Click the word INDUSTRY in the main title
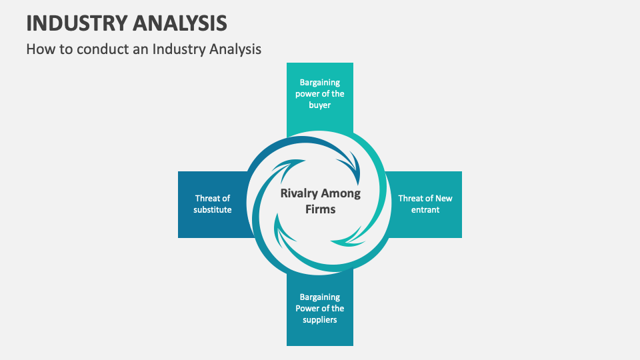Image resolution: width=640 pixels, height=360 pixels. click(x=75, y=23)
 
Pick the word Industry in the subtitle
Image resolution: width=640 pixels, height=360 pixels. click(x=175, y=49)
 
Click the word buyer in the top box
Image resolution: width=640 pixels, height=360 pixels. click(x=320, y=105)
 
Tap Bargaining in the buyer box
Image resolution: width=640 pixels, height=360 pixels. click(x=320, y=83)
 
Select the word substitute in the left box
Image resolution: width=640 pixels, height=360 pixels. click(x=213, y=210)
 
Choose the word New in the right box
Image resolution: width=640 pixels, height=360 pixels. click(x=443, y=198)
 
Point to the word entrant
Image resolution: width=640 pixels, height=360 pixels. click(x=425, y=210)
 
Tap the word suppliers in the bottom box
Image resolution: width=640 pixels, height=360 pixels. click(x=320, y=320)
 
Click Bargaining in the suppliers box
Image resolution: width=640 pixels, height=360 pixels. click(x=320, y=297)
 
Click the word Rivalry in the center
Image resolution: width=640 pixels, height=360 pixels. click(x=299, y=194)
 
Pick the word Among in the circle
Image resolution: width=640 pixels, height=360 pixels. click(x=341, y=194)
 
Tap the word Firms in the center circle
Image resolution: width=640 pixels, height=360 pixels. click(x=320, y=209)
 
